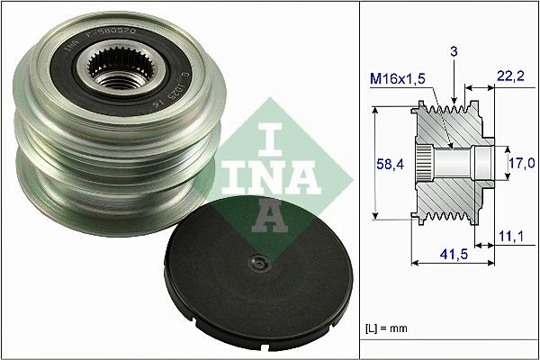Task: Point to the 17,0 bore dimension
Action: [x=523, y=163]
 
